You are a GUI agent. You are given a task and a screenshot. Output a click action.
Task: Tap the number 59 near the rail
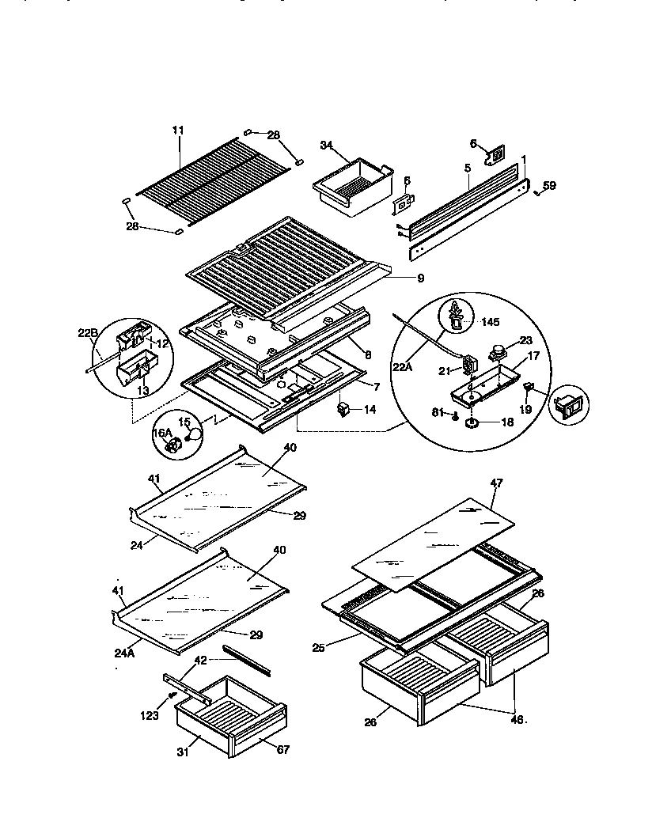(x=549, y=186)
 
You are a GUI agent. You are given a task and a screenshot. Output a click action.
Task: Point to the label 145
(x=490, y=321)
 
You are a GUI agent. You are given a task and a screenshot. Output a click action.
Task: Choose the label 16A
(x=161, y=433)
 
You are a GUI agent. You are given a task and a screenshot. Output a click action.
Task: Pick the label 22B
(x=87, y=332)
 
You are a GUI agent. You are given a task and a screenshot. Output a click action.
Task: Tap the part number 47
(x=496, y=482)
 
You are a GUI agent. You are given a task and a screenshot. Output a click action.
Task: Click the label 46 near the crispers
(x=516, y=720)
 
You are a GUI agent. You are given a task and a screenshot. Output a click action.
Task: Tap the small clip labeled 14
(x=343, y=408)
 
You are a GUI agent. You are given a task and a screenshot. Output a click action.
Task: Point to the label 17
(x=533, y=356)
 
